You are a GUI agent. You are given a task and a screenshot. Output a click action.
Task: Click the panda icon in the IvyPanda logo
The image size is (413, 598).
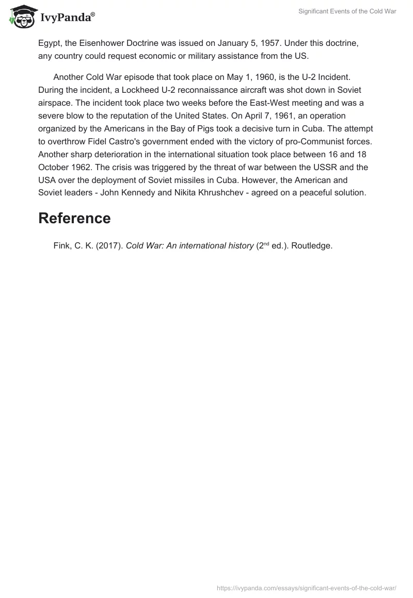tap(21, 18)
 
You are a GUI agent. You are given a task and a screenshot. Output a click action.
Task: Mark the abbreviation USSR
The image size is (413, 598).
tap(331, 168)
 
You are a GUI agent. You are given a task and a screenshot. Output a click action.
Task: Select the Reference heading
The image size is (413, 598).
tap(74, 218)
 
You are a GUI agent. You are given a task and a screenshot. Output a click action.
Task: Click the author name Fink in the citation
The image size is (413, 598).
tap(63, 246)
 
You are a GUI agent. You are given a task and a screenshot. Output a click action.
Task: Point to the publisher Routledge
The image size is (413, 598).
tap(311, 246)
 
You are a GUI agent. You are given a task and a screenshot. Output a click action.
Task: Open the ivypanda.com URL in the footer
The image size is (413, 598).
tap(307, 587)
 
